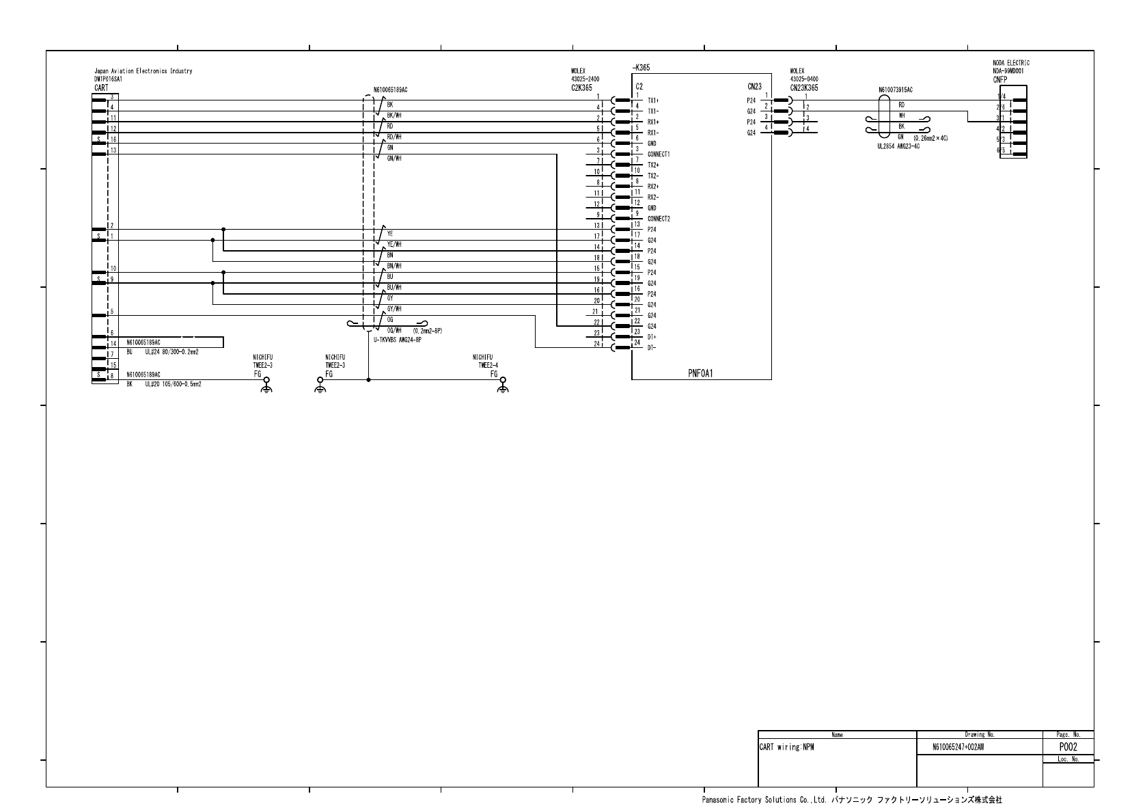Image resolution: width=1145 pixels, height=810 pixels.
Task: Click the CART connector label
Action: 100,88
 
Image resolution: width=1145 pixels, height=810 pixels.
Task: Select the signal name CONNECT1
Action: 659,154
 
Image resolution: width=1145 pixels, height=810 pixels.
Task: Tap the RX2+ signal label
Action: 653,187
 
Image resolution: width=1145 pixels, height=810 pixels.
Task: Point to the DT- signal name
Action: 652,348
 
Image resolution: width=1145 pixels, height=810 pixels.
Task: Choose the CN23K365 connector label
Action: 804,88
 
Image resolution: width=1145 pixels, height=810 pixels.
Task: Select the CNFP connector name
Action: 1000,79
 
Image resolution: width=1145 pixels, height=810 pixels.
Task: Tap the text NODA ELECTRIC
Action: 1011,63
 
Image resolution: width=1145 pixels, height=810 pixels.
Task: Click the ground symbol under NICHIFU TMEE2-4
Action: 503,388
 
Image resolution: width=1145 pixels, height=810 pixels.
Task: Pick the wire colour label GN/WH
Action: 394,159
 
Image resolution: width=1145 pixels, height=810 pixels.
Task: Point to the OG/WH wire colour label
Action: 394,331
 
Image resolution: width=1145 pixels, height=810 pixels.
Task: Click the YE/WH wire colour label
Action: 394,245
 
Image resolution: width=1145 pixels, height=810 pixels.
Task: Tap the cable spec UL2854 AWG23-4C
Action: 898,146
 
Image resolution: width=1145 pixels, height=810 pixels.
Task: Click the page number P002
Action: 1068,747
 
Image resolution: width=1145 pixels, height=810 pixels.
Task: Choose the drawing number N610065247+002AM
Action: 958,748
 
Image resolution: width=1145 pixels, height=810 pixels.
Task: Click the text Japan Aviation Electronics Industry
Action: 143,71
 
